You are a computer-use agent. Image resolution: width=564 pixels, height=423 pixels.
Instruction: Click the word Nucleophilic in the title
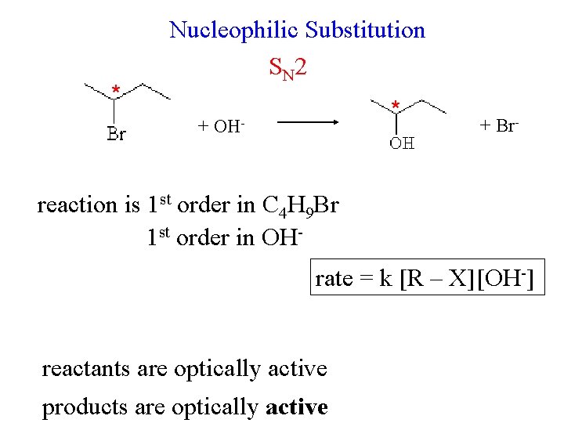[x=234, y=31]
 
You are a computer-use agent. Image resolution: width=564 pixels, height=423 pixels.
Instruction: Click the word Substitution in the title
[x=365, y=31]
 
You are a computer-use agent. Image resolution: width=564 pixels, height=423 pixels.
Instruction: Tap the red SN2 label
[x=287, y=68]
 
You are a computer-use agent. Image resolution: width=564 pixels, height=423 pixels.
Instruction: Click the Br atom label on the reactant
[x=116, y=134]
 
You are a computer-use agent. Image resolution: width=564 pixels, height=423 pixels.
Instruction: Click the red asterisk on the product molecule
[x=396, y=104]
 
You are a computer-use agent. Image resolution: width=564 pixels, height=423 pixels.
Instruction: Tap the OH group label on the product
[x=402, y=144]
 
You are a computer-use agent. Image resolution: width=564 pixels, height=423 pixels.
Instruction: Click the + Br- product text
[x=499, y=125]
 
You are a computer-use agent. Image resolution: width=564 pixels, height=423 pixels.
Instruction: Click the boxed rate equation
[x=428, y=278]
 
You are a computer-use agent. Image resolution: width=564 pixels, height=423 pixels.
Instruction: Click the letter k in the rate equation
[x=385, y=279]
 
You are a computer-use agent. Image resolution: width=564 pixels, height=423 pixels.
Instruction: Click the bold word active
[x=297, y=407]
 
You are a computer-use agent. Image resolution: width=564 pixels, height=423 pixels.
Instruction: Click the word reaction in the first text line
[x=77, y=205]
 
